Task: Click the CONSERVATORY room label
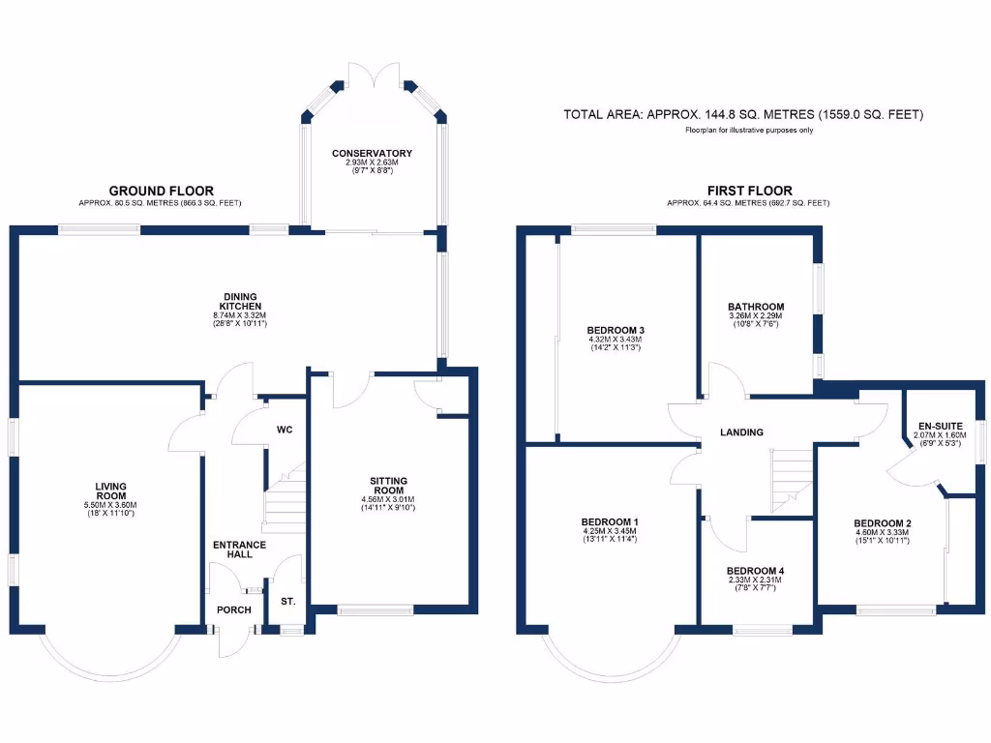coord(372,154)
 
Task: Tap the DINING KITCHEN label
coord(237,301)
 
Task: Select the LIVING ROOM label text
coord(112,490)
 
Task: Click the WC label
coord(285,429)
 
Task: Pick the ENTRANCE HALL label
coord(239,550)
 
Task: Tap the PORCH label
coord(234,609)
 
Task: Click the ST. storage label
coord(287,602)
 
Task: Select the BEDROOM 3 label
coord(616,330)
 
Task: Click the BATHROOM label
coord(756,307)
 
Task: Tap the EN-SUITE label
coord(938,424)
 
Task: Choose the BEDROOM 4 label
coord(755,571)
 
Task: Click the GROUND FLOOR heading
coord(161,191)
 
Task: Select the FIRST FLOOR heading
coord(748,191)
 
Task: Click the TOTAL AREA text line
coord(743,115)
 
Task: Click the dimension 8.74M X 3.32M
coord(237,314)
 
